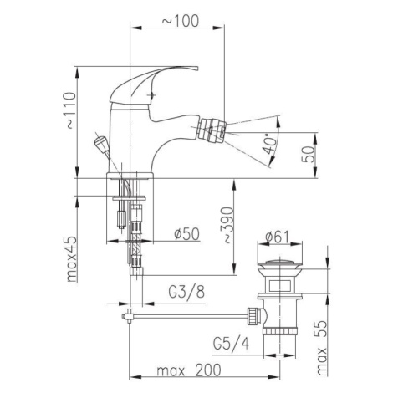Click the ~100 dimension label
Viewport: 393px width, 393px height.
[x=181, y=21]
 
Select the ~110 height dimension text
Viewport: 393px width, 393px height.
[x=69, y=110]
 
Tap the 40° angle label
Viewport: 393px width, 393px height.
[x=270, y=144]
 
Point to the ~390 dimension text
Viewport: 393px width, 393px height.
[x=227, y=225]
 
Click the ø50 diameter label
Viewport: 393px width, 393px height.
[x=186, y=233]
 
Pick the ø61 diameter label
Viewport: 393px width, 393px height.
[x=278, y=237]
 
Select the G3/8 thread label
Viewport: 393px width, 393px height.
[x=186, y=292]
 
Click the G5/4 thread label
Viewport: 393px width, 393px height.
[x=232, y=344]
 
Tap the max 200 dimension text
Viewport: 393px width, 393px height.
[x=189, y=370]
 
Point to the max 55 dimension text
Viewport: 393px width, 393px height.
[x=321, y=348]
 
